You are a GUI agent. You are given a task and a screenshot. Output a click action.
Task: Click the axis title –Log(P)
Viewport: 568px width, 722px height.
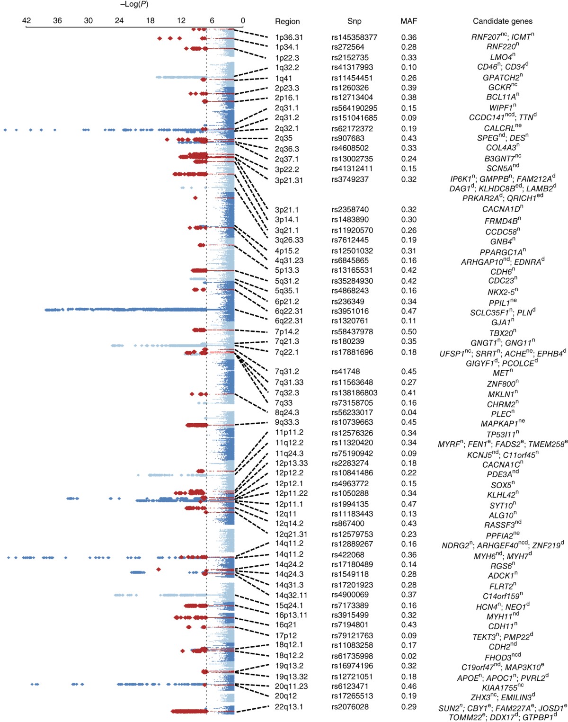pyautogui.click(x=134, y=5)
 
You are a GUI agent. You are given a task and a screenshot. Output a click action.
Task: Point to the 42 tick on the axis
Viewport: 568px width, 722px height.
pyautogui.click(x=27, y=21)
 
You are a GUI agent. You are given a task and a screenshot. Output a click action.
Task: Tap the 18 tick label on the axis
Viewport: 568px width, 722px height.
pyautogui.click(x=150, y=21)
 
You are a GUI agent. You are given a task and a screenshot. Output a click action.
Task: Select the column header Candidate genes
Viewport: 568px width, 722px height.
pyautogui.click(x=502, y=21)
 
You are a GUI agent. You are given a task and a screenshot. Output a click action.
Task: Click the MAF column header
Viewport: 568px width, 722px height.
pyautogui.click(x=408, y=21)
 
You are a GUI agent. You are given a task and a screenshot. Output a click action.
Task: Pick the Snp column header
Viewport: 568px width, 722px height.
pyautogui.click(x=354, y=21)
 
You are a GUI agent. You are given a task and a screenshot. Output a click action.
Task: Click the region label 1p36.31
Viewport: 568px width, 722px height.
pyautogui.click(x=289, y=37)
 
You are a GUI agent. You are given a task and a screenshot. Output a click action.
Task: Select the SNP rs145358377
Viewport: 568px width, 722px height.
pyautogui.click(x=354, y=37)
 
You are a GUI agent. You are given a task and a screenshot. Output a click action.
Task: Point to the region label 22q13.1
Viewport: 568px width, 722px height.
pyautogui.click(x=289, y=707)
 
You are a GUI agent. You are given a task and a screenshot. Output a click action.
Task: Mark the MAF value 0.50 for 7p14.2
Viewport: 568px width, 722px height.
pyautogui.click(x=408, y=332)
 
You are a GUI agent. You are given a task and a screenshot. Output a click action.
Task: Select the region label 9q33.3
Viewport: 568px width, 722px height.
pyautogui.click(x=287, y=422)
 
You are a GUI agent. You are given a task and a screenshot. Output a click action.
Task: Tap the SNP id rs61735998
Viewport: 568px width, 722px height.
pyautogui.click(x=352, y=656)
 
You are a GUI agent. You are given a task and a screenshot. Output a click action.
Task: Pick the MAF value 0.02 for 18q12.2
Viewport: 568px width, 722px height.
pyautogui.click(x=408, y=656)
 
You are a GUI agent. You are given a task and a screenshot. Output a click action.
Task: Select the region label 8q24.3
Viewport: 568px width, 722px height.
pyautogui.click(x=287, y=413)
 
